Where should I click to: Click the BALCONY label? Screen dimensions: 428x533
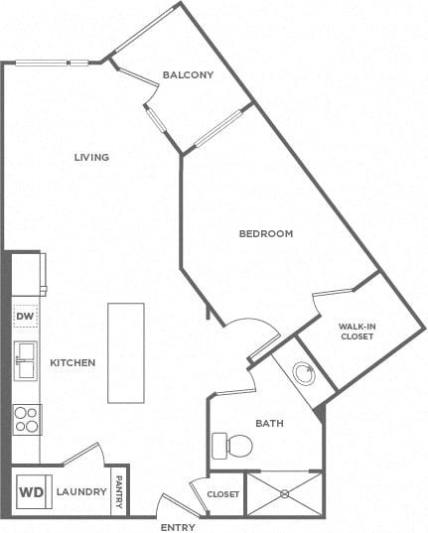pyautogui.click(x=188, y=74)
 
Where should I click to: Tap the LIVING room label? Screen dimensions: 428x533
pyautogui.click(x=92, y=158)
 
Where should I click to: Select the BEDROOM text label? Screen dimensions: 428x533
pyautogui.click(x=266, y=234)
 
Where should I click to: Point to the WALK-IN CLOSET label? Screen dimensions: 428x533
pyautogui.click(x=357, y=332)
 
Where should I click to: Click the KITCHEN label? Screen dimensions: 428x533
pyautogui.click(x=72, y=362)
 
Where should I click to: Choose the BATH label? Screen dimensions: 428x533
pyautogui.click(x=269, y=423)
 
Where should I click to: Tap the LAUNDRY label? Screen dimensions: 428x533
pyautogui.click(x=81, y=492)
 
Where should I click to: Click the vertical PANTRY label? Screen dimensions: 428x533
pyautogui.click(x=119, y=492)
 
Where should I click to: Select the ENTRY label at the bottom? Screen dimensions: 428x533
pyautogui.click(x=178, y=528)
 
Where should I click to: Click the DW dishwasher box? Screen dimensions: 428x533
pyautogui.click(x=26, y=317)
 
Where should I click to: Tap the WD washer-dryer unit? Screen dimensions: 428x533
pyautogui.click(x=34, y=491)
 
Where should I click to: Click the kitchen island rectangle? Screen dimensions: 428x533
pyautogui.click(x=126, y=353)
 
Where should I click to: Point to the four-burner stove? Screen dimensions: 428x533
pyautogui.click(x=27, y=420)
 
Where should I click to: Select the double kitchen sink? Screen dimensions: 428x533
pyautogui.click(x=26, y=361)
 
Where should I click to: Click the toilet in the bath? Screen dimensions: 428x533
pyautogui.click(x=232, y=446)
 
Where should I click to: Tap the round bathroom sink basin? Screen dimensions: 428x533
pyautogui.click(x=304, y=373)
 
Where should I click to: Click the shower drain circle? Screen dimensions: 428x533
pyautogui.click(x=284, y=493)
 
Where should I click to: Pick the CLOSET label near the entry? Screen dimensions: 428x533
pyautogui.click(x=222, y=494)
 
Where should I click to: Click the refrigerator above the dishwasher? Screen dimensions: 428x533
pyautogui.click(x=29, y=274)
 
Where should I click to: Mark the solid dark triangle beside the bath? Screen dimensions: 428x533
pyautogui.click(x=320, y=413)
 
